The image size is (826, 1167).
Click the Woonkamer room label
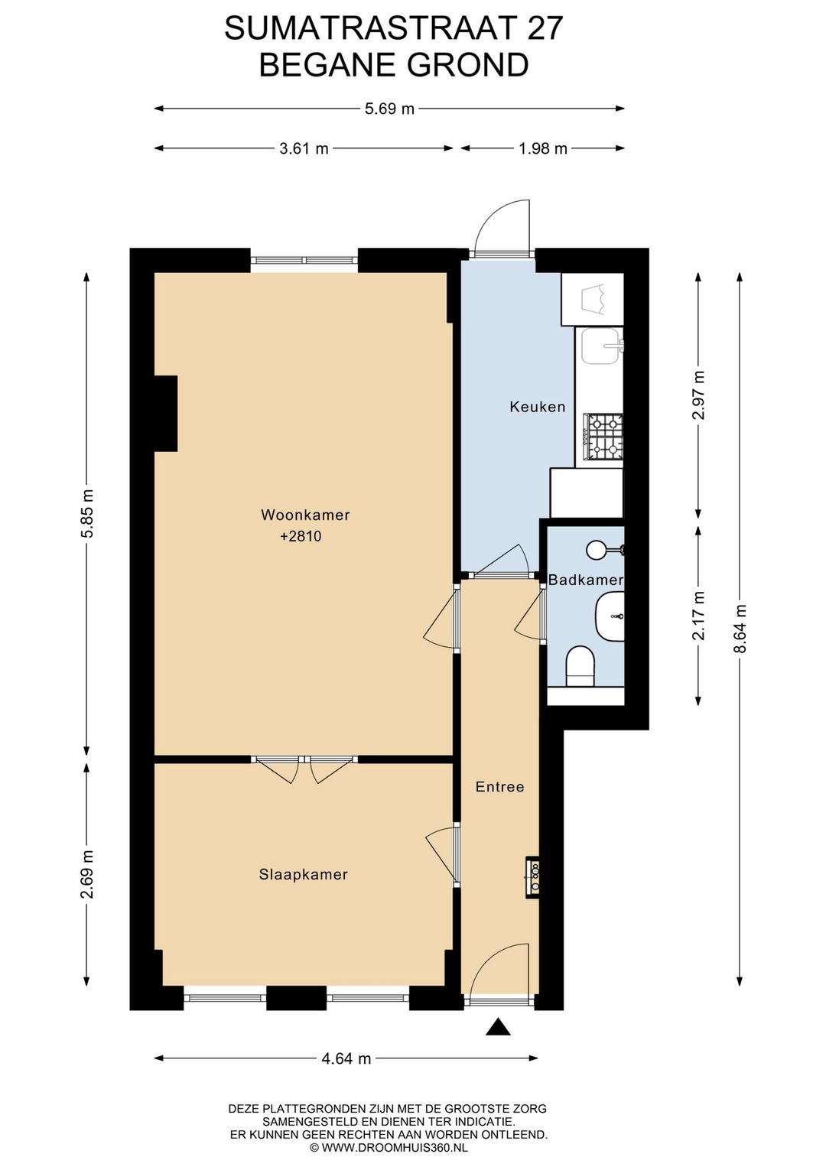tap(305, 515)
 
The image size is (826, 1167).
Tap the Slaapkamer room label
tap(303, 874)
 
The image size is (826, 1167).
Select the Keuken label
tap(538, 407)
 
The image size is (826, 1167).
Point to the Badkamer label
tap(585, 580)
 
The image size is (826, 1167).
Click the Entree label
tap(499, 787)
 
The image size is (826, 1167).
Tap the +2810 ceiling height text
tap(301, 536)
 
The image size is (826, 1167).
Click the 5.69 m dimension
tap(389, 109)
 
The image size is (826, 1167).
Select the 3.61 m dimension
tap(304, 148)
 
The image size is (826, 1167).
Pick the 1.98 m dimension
tap(543, 148)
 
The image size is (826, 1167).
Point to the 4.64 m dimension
tap(346, 1058)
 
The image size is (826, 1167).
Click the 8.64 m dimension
tap(740, 628)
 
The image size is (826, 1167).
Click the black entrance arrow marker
tap(499, 1027)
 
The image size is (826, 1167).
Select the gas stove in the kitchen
tap(603, 437)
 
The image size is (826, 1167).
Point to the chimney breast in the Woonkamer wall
tap(166, 413)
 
